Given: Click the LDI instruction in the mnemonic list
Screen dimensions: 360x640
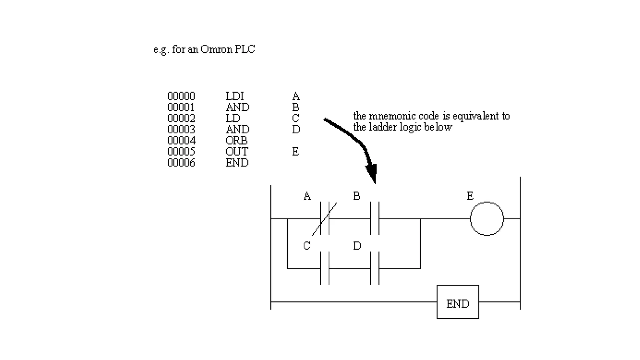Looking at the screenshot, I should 234,96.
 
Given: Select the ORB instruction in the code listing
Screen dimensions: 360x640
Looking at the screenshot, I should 236,141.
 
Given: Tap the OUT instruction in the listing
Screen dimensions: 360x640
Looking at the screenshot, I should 237,152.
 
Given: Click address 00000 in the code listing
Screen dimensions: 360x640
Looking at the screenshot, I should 181,96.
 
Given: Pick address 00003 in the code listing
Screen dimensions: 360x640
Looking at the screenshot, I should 181,129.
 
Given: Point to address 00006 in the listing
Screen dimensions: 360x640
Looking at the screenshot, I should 181,163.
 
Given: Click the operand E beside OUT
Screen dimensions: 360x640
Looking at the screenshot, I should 295,152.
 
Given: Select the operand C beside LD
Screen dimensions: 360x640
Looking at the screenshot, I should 295,118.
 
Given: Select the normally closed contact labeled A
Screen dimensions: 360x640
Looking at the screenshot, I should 325,218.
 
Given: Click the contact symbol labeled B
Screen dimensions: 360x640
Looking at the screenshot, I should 374,218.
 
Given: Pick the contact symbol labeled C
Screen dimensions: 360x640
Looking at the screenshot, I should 325,268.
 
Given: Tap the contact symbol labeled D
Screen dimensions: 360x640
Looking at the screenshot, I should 374,268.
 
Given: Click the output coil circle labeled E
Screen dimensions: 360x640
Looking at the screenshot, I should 487,218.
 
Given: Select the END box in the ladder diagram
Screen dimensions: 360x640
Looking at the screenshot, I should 457,302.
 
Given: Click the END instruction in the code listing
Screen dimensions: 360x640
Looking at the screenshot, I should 237,163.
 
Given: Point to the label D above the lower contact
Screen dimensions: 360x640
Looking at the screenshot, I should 357,246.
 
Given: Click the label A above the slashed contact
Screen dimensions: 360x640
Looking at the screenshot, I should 307,196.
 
